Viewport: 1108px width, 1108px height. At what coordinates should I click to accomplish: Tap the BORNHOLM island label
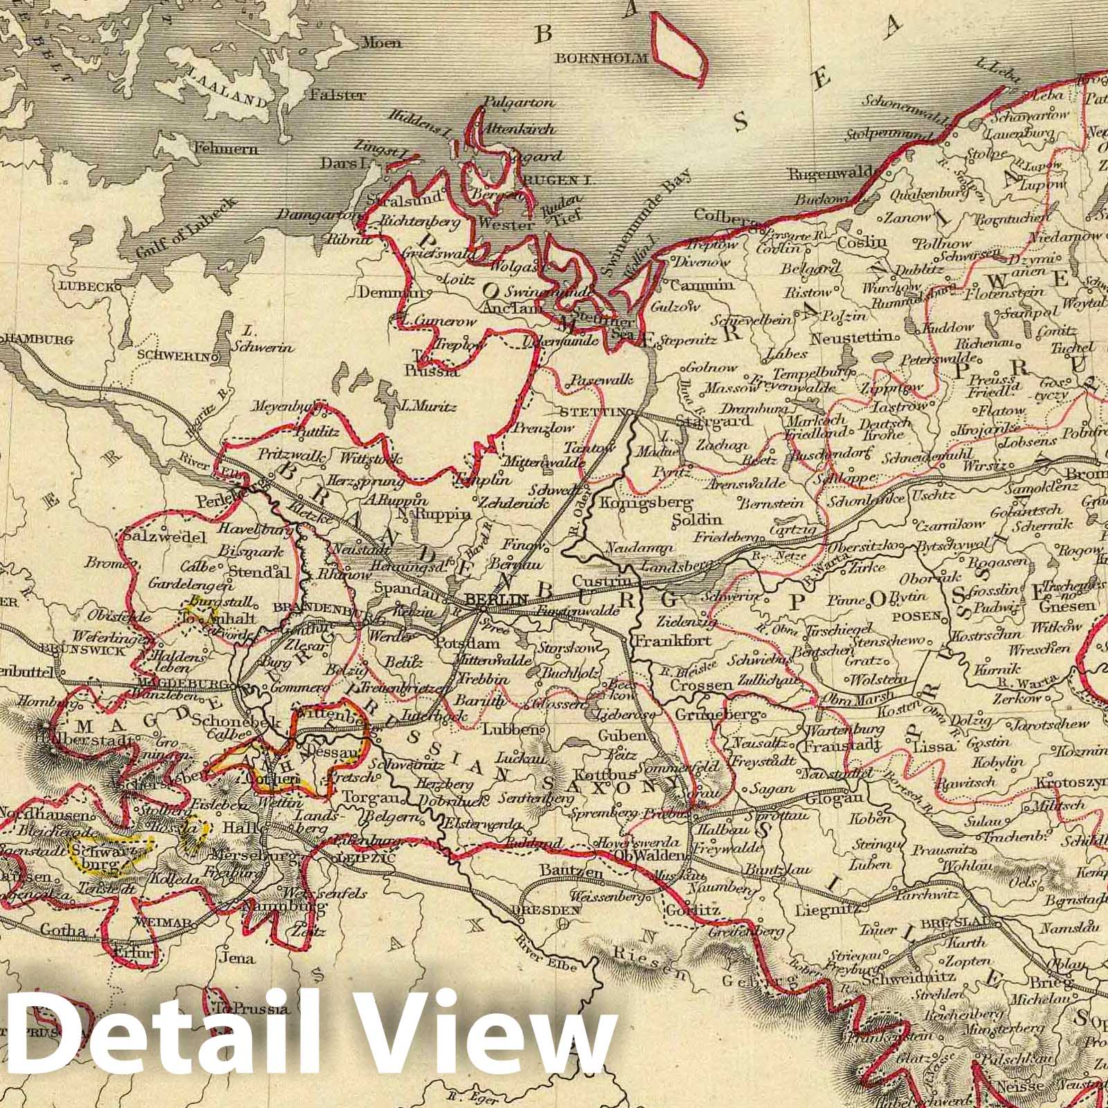pyautogui.click(x=600, y=59)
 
